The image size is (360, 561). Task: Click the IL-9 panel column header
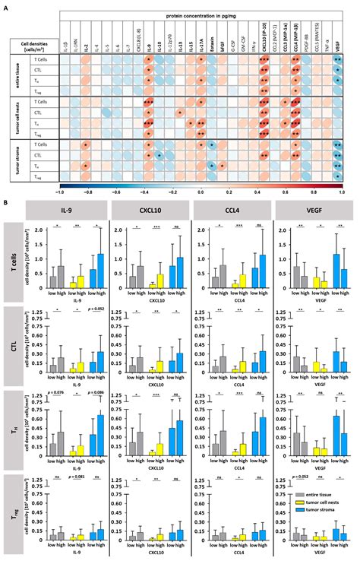73,208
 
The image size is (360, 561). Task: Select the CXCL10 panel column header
152,208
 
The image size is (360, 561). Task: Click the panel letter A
7,6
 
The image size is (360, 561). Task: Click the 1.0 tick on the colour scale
342,192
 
